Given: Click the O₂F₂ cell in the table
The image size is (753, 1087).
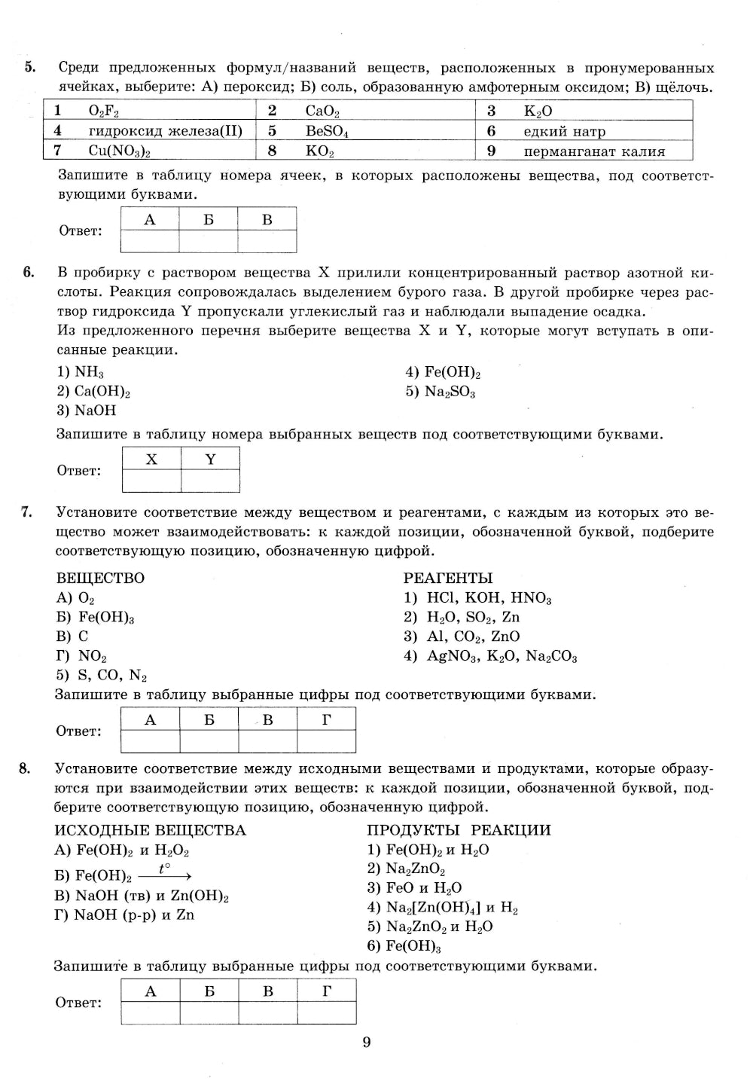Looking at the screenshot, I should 104,111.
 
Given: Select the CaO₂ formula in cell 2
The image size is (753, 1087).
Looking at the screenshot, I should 322,111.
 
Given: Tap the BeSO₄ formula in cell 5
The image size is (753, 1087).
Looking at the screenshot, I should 327,131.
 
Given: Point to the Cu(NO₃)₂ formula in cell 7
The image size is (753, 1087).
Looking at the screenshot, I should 120,151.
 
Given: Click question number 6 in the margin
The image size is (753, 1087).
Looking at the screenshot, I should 28,273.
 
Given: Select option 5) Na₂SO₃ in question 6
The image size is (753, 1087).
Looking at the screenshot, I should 441,392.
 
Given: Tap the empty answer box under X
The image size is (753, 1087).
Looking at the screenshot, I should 151,481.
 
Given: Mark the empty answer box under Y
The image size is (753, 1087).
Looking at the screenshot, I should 210,481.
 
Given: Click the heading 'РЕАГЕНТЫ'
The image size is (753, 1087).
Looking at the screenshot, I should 448,578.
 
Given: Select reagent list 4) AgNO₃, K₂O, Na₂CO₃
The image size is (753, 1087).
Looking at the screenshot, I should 490,656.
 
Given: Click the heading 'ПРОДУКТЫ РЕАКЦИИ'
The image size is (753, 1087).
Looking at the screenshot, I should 459,830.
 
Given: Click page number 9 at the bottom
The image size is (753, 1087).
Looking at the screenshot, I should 367,1043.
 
